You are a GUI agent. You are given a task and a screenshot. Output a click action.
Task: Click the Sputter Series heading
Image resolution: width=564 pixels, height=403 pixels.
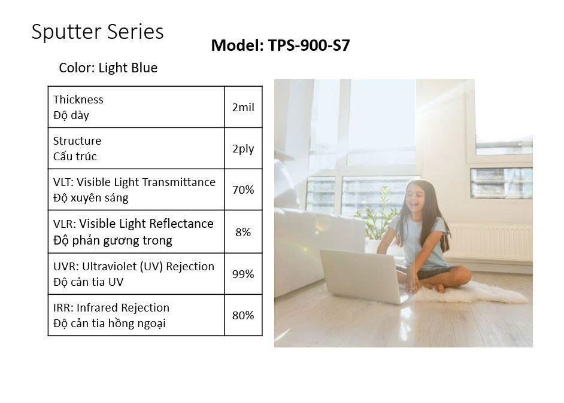point(98,32)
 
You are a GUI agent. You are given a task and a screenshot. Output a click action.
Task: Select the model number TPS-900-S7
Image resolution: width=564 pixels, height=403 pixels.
point(308,45)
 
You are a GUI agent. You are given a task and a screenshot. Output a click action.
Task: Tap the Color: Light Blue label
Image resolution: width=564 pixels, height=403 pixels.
point(108,68)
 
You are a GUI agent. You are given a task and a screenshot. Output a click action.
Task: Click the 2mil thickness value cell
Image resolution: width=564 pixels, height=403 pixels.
point(243,107)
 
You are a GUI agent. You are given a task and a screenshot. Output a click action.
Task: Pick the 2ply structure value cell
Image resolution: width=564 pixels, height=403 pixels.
point(243,148)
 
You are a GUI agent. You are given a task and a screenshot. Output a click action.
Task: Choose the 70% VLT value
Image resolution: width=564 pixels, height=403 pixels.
point(243,190)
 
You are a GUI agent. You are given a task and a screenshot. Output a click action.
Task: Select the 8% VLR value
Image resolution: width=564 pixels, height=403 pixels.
point(243,232)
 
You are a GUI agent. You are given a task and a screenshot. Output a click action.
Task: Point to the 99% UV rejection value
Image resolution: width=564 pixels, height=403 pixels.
point(243,274)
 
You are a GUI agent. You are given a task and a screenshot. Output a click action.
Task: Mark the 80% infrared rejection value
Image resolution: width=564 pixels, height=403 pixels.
point(243,315)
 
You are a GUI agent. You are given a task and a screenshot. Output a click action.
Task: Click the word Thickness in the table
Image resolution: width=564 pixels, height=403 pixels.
point(78,99)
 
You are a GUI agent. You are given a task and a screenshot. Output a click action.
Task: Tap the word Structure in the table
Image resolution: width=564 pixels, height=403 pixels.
point(77,141)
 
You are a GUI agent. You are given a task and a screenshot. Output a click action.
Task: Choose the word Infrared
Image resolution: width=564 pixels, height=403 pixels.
point(97,308)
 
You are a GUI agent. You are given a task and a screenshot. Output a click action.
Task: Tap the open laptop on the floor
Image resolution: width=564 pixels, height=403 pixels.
point(363,276)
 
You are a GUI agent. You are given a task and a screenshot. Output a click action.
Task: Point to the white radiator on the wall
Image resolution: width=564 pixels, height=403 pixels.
point(490,242)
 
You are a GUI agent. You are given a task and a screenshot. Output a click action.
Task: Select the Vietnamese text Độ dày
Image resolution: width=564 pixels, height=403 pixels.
point(71,115)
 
